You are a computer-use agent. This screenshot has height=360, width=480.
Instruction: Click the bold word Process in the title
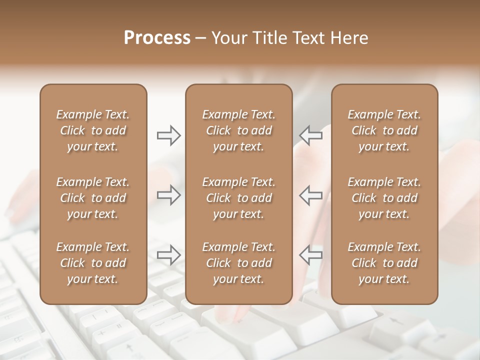[x=157, y=38]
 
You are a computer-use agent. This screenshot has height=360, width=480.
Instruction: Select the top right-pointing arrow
[x=168, y=135]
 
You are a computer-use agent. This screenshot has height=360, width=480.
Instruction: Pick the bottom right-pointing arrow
[x=168, y=255]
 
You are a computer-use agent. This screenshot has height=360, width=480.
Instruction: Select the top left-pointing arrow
[x=311, y=135]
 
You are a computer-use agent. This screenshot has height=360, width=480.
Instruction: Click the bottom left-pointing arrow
[x=311, y=255]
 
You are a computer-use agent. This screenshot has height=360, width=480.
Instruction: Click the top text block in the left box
[x=93, y=130]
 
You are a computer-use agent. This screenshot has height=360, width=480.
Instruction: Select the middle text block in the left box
[x=93, y=198]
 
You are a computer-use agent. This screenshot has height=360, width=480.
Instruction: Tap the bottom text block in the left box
[x=93, y=263]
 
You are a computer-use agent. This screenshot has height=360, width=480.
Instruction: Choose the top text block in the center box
[x=239, y=130]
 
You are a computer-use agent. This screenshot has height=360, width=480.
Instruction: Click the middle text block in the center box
[x=239, y=198]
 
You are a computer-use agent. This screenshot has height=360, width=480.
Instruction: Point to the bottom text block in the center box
[x=239, y=263]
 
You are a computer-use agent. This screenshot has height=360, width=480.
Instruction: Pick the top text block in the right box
[x=384, y=130]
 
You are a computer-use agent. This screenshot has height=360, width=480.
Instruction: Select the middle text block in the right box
[x=384, y=198]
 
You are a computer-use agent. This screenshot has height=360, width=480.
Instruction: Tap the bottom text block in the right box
[x=384, y=263]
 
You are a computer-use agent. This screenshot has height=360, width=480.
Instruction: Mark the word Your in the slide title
[x=229, y=38]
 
